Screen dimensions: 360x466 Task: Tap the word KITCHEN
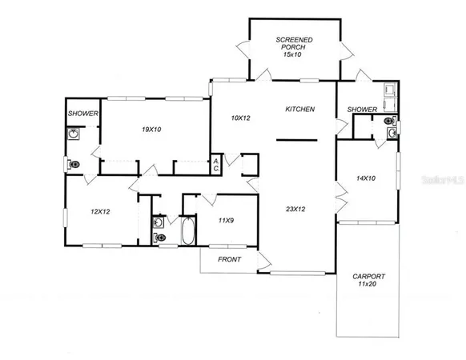pyautogui.click(x=299, y=109)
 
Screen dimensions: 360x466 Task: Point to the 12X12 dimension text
pyautogui.click(x=99, y=211)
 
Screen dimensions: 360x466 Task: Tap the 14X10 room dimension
pyautogui.click(x=366, y=178)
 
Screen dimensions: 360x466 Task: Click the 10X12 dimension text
pyautogui.click(x=240, y=118)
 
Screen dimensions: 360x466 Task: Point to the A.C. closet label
pyautogui.click(x=215, y=165)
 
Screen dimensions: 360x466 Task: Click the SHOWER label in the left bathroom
pyautogui.click(x=82, y=114)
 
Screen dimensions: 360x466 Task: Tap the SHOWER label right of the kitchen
pyautogui.click(x=362, y=109)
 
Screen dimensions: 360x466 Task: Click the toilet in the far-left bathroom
pyautogui.click(x=74, y=165)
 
